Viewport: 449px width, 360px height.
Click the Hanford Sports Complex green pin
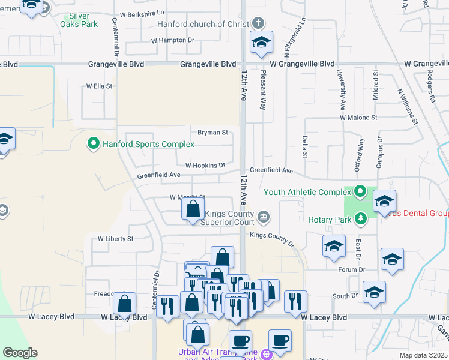tap(93, 144)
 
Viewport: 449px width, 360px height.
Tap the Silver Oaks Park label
tap(79, 20)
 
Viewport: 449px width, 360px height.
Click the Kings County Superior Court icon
tap(263, 216)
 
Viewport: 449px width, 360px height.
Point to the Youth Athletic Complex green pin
tap(360, 192)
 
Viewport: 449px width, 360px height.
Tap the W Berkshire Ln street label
tap(142, 13)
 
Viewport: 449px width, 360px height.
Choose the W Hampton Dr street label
tap(173, 40)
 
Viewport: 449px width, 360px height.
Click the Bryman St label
tap(213, 132)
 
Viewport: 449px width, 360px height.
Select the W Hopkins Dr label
tap(205, 165)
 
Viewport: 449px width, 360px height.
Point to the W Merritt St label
tap(188, 197)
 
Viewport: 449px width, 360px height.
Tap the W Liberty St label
tap(115, 238)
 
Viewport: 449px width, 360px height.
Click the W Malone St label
tap(358, 118)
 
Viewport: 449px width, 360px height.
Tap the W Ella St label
tap(99, 86)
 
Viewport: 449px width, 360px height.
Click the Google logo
tap(20, 353)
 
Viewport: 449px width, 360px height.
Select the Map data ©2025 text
tap(423, 355)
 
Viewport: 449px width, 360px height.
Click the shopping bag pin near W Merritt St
tap(193, 211)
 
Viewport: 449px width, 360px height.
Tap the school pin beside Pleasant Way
tap(261, 43)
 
